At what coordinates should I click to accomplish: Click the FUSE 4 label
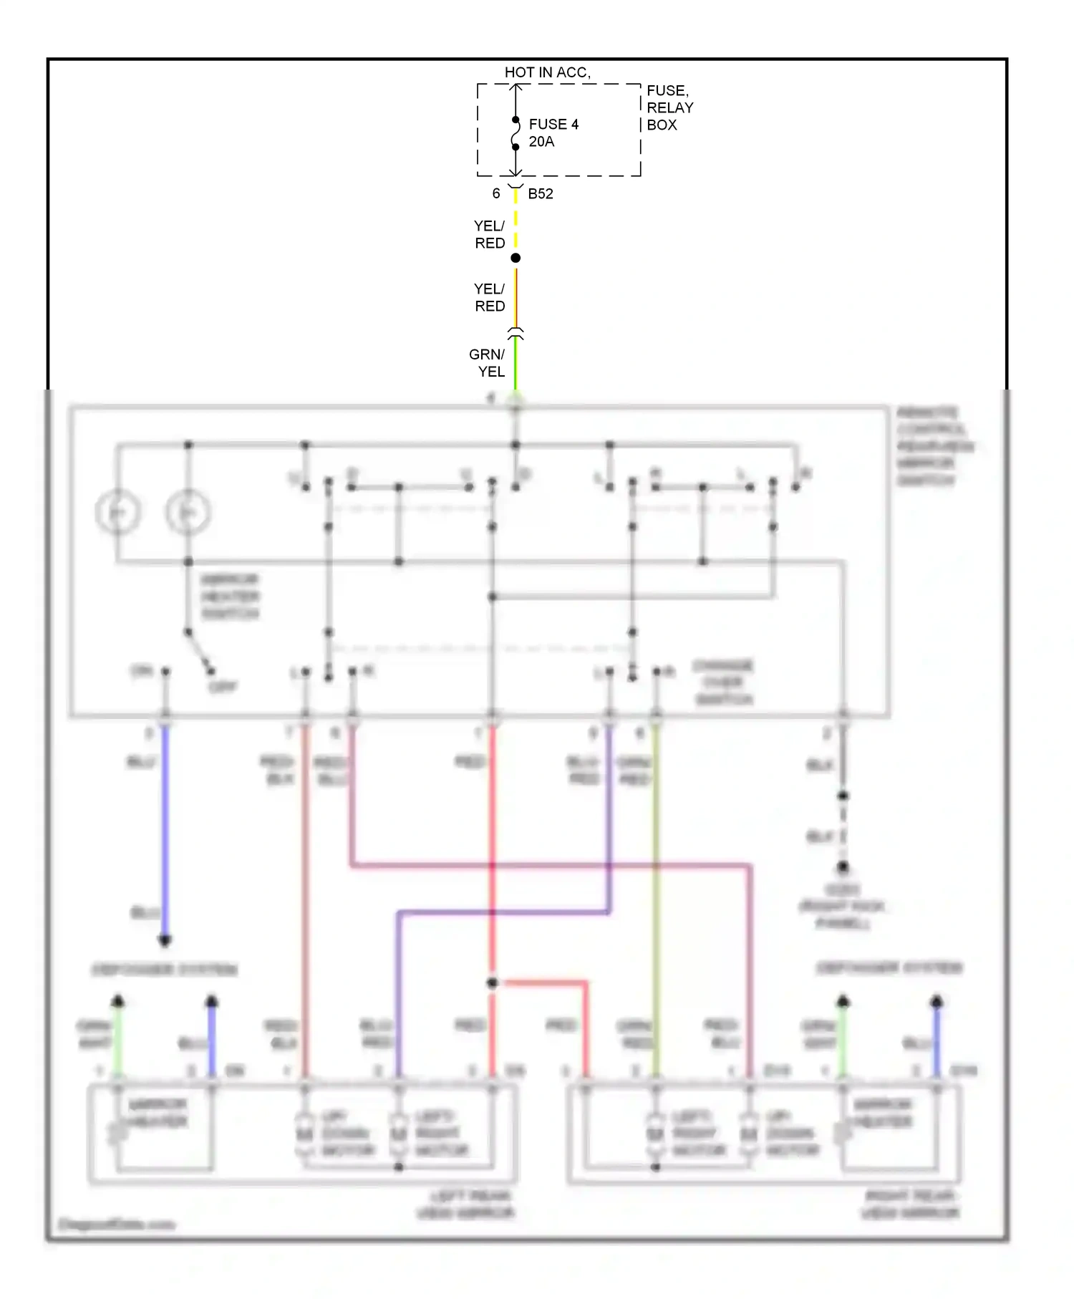(553, 125)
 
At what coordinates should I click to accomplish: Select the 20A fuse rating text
(541, 142)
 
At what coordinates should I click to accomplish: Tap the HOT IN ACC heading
(547, 72)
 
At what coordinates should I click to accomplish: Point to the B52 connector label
(540, 194)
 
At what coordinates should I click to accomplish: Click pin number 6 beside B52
(495, 194)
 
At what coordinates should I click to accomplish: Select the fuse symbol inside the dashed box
(515, 134)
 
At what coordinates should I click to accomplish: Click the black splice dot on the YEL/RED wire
(515, 258)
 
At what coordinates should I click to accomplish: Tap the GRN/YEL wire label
(488, 363)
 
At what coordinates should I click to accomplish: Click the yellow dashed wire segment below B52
(515, 222)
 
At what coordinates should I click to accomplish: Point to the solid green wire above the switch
(515, 365)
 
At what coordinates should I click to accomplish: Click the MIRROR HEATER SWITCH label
(230, 597)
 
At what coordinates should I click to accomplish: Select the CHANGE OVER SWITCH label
(723, 682)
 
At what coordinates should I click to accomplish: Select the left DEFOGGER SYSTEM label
(165, 970)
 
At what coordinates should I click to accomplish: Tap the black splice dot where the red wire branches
(492, 983)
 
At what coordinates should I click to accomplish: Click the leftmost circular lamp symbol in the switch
(117, 512)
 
